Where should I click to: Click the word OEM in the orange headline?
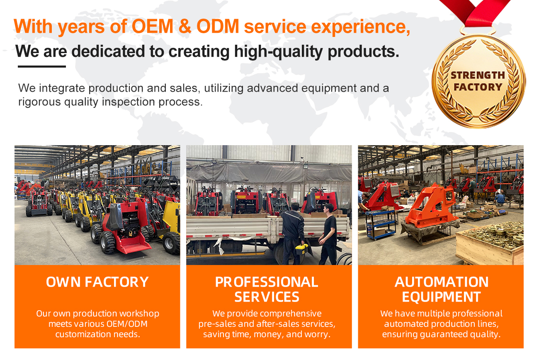[x=152, y=26]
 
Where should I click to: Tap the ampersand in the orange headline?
[x=185, y=26]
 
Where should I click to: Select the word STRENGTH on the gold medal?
[x=478, y=75]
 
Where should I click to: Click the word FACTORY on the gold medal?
[x=478, y=87]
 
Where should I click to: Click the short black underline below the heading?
[x=42, y=66]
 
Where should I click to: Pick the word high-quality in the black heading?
[x=278, y=51]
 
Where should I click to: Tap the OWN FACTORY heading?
[x=97, y=282]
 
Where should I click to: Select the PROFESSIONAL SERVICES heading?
[x=267, y=289]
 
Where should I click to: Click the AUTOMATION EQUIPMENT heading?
[x=442, y=289]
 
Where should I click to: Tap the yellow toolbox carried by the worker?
[x=301, y=249]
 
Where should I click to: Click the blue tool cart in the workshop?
[x=381, y=224]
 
